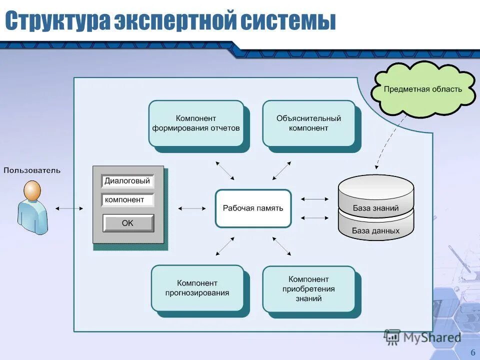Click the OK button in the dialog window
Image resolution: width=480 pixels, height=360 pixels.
128,223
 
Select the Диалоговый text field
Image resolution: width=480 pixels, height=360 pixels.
127,181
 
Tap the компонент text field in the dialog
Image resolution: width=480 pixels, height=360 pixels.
127,200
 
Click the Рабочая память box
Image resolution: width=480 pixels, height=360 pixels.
253,208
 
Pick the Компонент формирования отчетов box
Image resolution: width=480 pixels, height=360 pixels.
196,123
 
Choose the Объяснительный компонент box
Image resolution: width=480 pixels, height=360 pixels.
308,123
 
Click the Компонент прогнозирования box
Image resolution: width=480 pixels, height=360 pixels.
197,288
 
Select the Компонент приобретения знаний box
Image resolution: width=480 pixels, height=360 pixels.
308,289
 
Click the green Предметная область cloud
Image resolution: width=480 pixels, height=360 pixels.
422,89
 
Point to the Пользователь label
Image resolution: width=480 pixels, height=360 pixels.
32,170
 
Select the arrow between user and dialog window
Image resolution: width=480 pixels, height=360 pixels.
69,208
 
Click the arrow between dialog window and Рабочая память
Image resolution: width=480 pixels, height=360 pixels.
192,208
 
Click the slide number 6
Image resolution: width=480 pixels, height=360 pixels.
472,351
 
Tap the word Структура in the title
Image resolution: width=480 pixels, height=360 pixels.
57,21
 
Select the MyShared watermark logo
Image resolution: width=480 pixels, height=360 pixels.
422,337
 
